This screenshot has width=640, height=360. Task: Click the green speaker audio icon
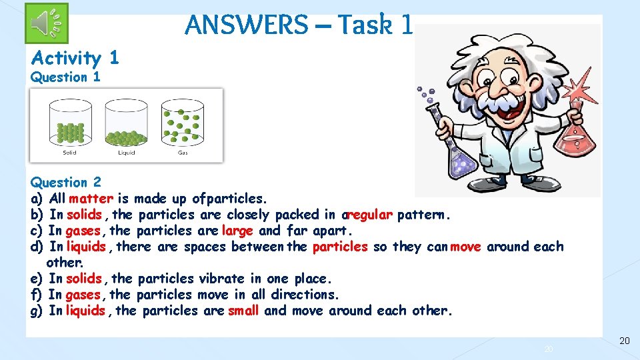[47, 23]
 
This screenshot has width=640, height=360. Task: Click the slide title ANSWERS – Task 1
[299, 25]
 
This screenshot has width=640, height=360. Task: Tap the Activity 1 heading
[75, 58]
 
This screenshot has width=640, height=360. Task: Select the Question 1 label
[65, 77]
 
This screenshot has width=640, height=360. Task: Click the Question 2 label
[65, 183]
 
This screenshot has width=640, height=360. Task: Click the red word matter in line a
[91, 199]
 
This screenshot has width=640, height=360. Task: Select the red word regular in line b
[369, 215]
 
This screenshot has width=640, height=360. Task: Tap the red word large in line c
[237, 231]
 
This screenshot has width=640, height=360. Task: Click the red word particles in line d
[340, 247]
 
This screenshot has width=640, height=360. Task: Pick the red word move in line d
[465, 247]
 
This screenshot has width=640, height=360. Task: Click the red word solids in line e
[84, 279]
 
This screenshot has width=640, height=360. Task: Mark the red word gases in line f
[83, 295]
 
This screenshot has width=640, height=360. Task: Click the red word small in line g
[243, 311]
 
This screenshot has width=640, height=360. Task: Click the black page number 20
[624, 341]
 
